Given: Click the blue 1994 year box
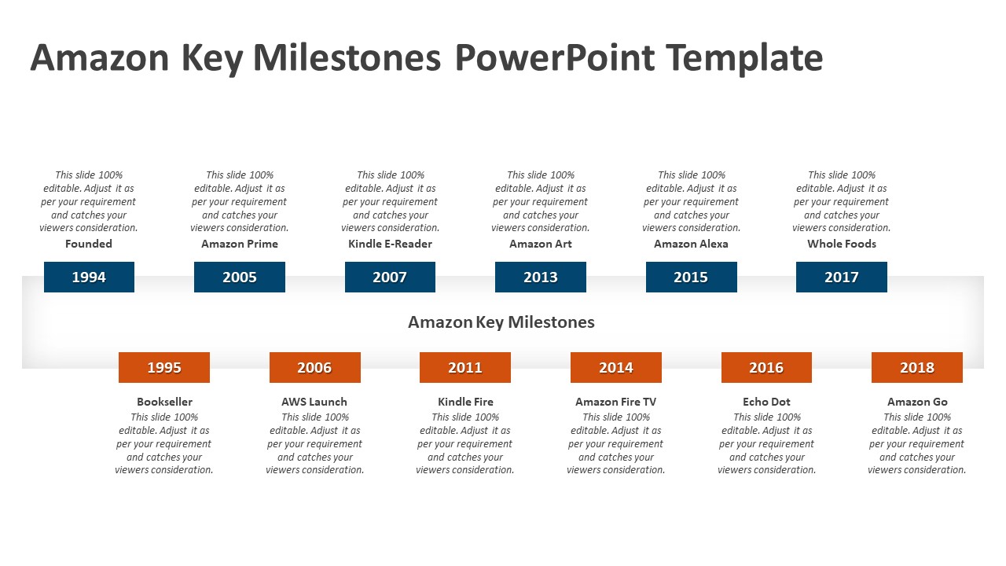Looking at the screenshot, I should pyautogui.click(x=89, y=277).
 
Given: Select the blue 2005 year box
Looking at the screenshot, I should pyautogui.click(x=240, y=277).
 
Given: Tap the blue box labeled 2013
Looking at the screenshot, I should pyautogui.click(x=541, y=277).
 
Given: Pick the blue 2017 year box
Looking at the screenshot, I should pyautogui.click(x=842, y=277).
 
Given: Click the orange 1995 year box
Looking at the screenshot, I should pyautogui.click(x=164, y=367).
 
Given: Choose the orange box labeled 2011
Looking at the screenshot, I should pyautogui.click(x=465, y=367).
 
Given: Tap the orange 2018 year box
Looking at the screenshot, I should pyautogui.click(x=917, y=367).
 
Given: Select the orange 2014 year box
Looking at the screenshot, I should pyautogui.click(x=616, y=367).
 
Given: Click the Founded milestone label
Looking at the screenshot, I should pyautogui.click(x=89, y=244).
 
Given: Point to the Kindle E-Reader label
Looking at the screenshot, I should pyautogui.click(x=390, y=244).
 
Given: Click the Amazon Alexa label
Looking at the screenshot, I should pyautogui.click(x=691, y=244).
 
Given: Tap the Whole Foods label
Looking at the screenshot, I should pyautogui.click(x=842, y=244).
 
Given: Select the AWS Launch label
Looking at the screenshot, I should pyautogui.click(x=314, y=402).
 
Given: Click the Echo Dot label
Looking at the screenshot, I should pyautogui.click(x=766, y=402).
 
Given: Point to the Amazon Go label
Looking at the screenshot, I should pyautogui.click(x=917, y=402).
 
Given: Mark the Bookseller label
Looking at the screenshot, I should pyautogui.click(x=164, y=402).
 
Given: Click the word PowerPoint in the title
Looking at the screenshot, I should pyautogui.click(x=554, y=59).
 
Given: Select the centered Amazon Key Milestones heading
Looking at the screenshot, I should pyautogui.click(x=501, y=322).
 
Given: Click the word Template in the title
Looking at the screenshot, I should pyautogui.click(x=744, y=59).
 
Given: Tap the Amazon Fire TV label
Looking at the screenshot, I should pyautogui.click(x=616, y=402).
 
